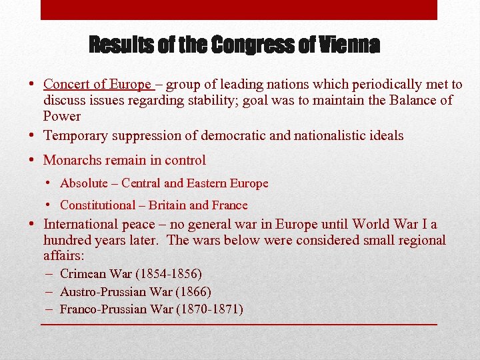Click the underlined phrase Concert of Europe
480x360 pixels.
tap(97, 85)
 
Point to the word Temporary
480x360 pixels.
tap(76, 136)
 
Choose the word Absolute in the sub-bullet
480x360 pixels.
tap(83, 183)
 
